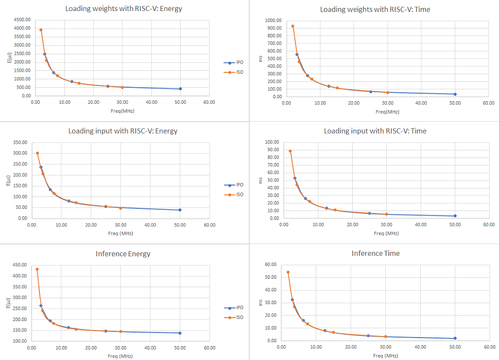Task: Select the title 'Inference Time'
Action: [x=375, y=253]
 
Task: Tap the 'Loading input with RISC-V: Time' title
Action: [x=375, y=131]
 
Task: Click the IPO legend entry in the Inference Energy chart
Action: [x=234, y=308]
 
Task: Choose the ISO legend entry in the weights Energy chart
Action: [x=234, y=72]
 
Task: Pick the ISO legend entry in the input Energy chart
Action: [x=234, y=194]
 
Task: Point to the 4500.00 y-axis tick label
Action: [x=22, y=19]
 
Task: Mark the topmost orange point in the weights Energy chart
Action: [x=41, y=30]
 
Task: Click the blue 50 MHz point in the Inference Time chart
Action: [x=455, y=339]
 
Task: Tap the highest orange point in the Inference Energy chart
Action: [x=37, y=269]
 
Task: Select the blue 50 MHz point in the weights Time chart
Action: [x=455, y=94]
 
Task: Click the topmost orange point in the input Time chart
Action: [x=290, y=151]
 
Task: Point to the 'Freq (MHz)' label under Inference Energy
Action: [x=120, y=356]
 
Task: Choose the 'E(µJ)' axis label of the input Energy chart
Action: [x=8, y=181]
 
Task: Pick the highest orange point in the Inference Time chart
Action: [x=288, y=272]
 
